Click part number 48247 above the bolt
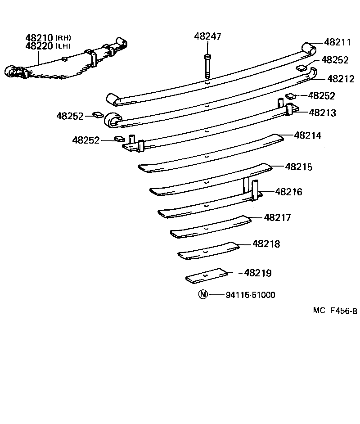pos(207,36)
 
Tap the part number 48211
pos(337,42)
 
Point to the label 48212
pos(341,79)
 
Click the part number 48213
pos(322,113)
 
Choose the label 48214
pos(308,135)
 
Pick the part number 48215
pos(298,167)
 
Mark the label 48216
pos(288,192)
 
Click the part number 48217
pos(278,217)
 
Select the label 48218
pos(266,244)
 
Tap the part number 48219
pos(258,273)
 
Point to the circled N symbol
pos(203,295)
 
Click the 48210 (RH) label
pos(48,38)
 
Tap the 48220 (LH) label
pos(48,46)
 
